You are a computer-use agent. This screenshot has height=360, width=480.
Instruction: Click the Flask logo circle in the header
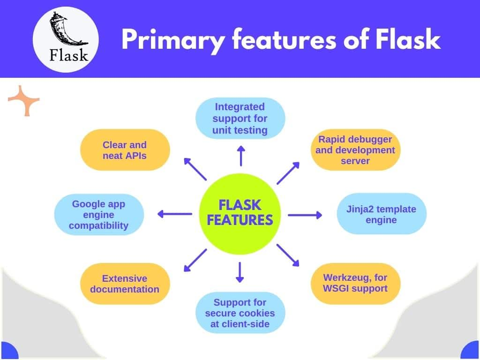pos(66,39)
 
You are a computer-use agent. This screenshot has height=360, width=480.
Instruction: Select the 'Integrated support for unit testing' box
pos(240,118)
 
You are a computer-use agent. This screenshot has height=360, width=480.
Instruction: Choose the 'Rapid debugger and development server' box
pos(356,150)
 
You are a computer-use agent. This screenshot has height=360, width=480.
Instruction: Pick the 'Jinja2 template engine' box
pos(382,214)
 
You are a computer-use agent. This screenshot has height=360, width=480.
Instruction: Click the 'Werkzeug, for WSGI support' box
pos(355,283)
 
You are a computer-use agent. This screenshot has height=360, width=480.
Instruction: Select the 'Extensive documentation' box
pos(125,284)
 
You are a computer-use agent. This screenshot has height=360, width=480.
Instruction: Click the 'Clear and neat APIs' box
pos(125,150)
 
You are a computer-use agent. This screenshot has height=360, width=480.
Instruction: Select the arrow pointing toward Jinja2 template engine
pos(305,215)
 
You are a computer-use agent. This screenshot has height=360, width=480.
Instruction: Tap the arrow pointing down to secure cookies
pos(240,272)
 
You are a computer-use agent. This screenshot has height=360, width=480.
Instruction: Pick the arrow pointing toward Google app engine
pos(174,214)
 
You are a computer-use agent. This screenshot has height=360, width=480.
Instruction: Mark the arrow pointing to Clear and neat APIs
pos(195,169)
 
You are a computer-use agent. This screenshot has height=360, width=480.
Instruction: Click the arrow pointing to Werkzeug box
pos(288,255)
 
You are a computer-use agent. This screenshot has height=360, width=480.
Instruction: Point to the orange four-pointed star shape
pos(24,100)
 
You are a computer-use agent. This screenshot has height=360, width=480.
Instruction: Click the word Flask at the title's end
pos(408,40)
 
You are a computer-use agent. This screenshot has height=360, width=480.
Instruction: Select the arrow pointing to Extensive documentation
pos(195,260)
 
